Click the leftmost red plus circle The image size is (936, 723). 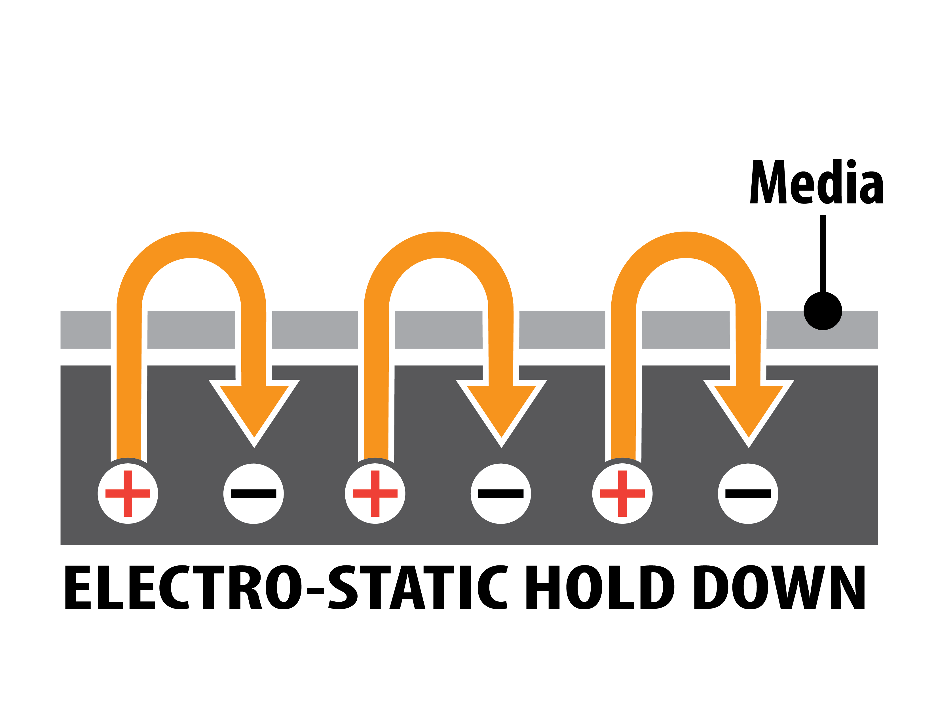point(128,493)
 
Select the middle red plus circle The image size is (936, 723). point(375,493)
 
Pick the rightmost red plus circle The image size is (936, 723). point(622,493)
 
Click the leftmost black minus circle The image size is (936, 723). point(253,493)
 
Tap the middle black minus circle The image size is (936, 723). point(500,493)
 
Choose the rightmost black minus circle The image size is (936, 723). point(748,493)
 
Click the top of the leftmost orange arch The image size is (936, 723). point(191,245)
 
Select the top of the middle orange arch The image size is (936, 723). point(438,245)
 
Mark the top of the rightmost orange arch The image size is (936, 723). point(686,245)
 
